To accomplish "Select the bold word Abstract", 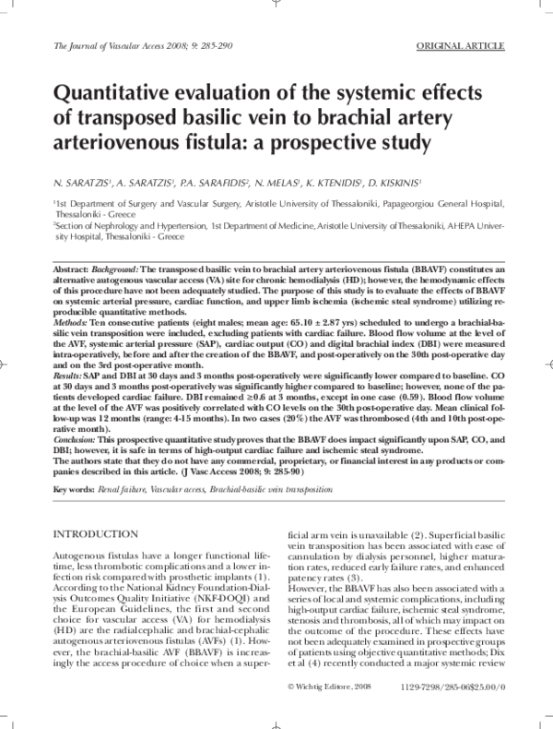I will tap(76, 266).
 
